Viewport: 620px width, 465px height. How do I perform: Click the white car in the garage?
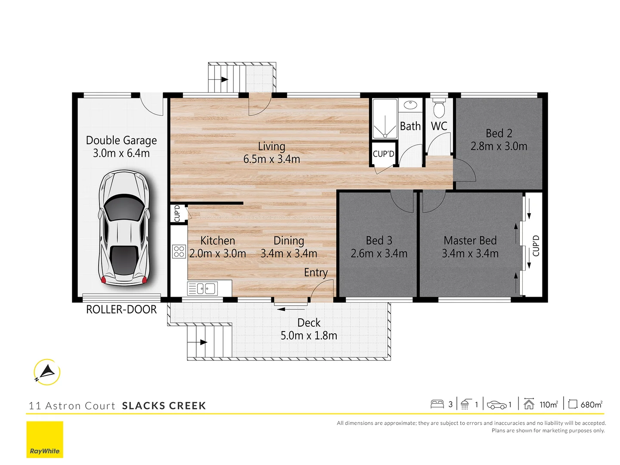[124, 228]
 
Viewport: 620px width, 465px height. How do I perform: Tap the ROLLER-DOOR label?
[121, 310]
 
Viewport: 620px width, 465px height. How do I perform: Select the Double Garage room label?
[121, 140]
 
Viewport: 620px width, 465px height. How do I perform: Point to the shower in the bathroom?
[384, 119]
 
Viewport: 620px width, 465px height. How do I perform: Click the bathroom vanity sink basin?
[410, 105]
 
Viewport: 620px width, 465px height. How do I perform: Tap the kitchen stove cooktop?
[179, 251]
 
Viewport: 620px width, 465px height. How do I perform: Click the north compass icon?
[46, 372]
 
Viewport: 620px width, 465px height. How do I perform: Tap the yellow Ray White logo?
[45, 440]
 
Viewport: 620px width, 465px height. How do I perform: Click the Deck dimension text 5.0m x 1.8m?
[309, 335]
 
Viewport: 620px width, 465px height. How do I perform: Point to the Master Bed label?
[470, 240]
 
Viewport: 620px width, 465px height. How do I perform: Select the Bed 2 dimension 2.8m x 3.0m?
[499, 146]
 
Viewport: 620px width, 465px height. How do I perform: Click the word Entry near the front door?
[316, 273]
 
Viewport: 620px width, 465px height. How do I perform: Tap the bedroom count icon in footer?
[437, 404]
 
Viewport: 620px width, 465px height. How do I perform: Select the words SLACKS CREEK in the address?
[164, 406]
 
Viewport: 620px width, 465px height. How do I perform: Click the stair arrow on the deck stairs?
[202, 342]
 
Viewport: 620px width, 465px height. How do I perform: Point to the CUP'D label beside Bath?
[383, 154]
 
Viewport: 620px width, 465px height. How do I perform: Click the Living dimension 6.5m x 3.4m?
[272, 159]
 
